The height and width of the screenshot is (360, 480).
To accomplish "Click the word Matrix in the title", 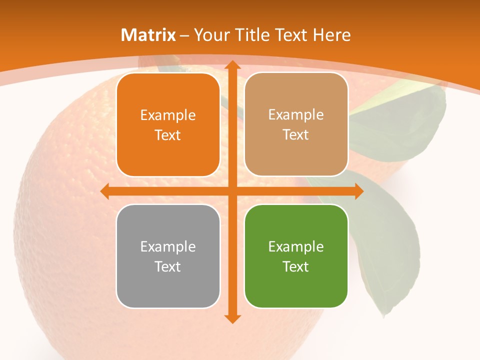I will [x=148, y=35].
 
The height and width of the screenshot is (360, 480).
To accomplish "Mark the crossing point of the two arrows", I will [x=232, y=191].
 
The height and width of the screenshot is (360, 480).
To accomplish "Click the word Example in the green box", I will [x=296, y=246].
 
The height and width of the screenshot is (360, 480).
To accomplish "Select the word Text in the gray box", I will [x=168, y=266].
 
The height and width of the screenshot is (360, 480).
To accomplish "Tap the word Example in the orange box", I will [x=168, y=115].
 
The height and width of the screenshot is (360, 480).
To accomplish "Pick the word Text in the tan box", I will [x=296, y=135].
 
